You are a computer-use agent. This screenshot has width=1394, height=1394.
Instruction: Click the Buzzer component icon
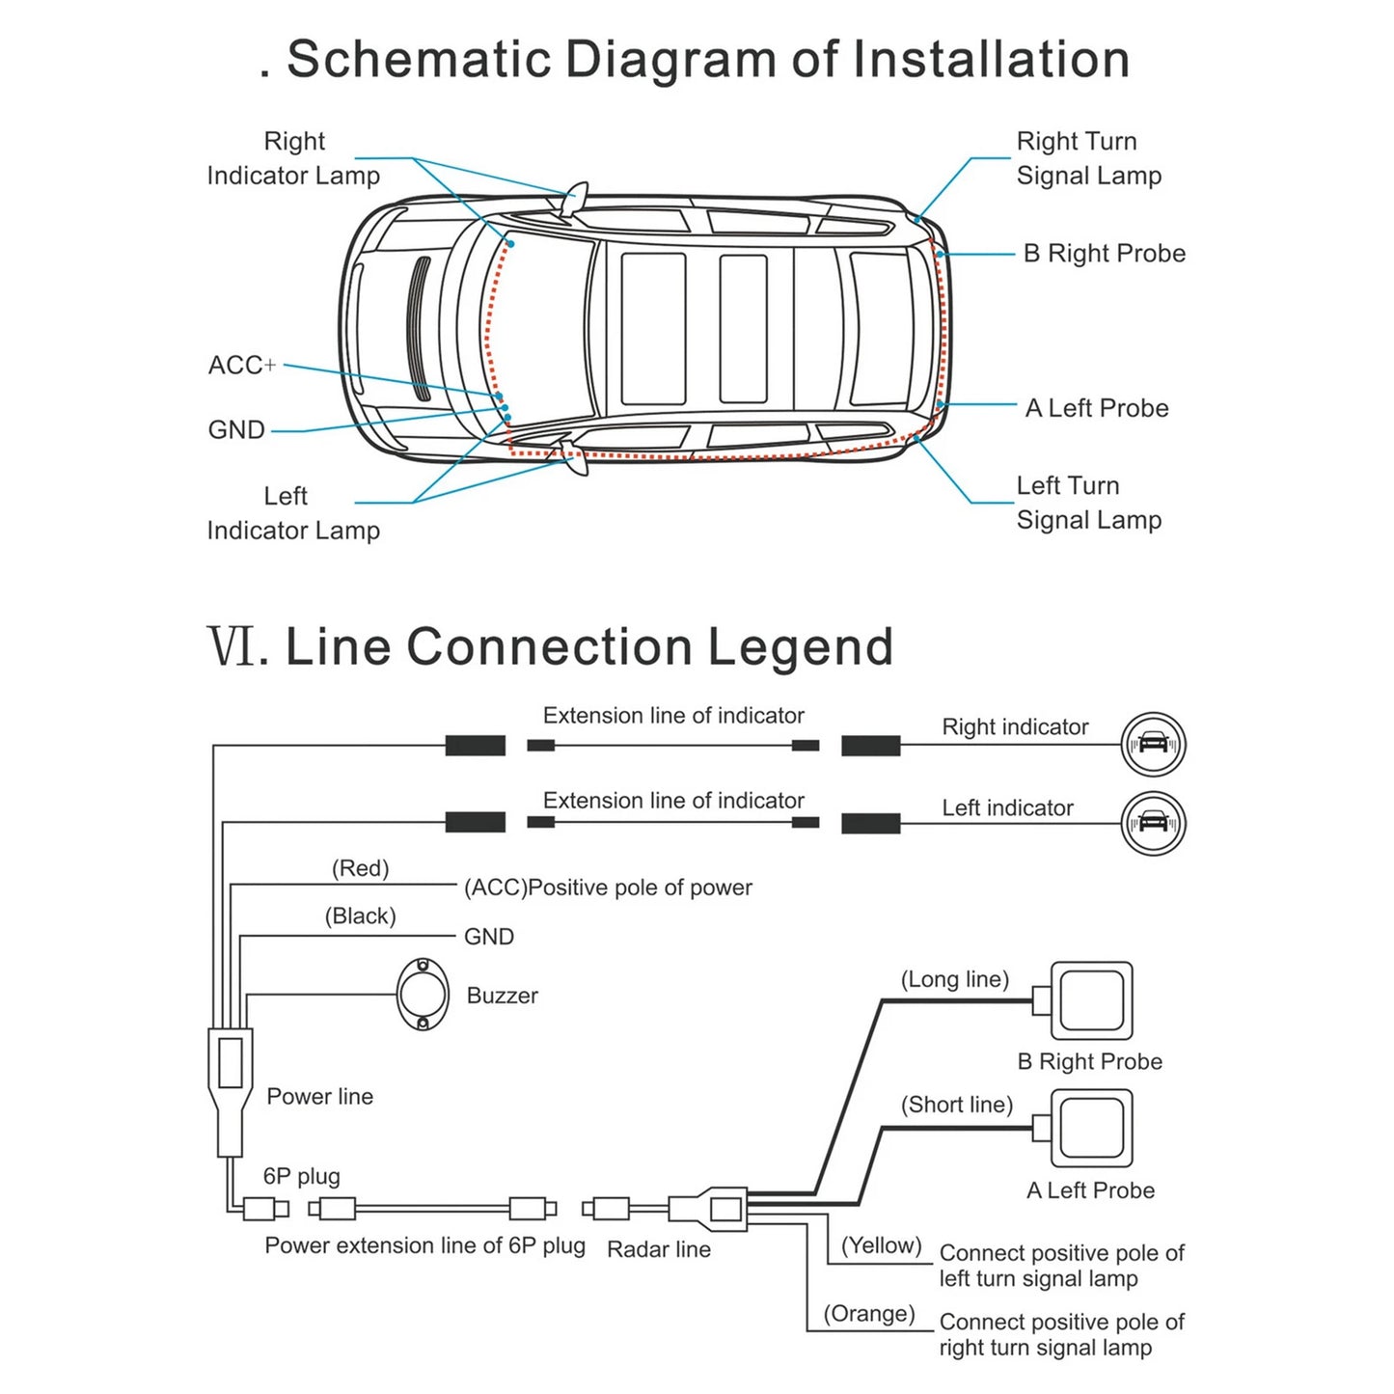click(423, 995)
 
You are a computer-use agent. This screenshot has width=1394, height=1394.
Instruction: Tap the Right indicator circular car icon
click(1153, 745)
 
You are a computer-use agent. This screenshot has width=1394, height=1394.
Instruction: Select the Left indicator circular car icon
click(1153, 824)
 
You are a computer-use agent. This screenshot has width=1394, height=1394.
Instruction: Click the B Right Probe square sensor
click(1091, 1000)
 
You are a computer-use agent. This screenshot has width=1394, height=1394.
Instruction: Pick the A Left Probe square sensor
click(1091, 1128)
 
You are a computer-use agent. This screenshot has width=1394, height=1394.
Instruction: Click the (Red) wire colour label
click(360, 868)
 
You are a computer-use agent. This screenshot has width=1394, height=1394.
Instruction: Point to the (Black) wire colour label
click(360, 916)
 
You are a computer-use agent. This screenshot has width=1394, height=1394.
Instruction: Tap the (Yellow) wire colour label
click(881, 1245)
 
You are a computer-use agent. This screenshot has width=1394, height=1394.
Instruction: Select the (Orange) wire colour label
click(868, 1314)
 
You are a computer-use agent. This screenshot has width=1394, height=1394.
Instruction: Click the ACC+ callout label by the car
click(241, 366)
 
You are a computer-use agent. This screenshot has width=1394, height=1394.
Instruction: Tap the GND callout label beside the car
click(236, 430)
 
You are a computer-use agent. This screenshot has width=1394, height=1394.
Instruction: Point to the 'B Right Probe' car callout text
click(1104, 254)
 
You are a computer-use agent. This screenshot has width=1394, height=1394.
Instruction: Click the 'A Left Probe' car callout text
click(1096, 408)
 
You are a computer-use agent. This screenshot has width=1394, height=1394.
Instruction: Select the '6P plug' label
click(301, 1176)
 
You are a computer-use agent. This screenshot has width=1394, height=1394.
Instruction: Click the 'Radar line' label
click(658, 1249)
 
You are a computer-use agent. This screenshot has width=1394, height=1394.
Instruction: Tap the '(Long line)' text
click(954, 979)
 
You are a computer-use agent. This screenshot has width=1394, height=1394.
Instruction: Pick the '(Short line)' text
click(956, 1105)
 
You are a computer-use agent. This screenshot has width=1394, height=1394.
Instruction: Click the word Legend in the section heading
click(800, 646)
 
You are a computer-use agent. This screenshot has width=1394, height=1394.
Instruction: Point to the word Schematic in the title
click(418, 59)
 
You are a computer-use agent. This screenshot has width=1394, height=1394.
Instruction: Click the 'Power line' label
click(319, 1097)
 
